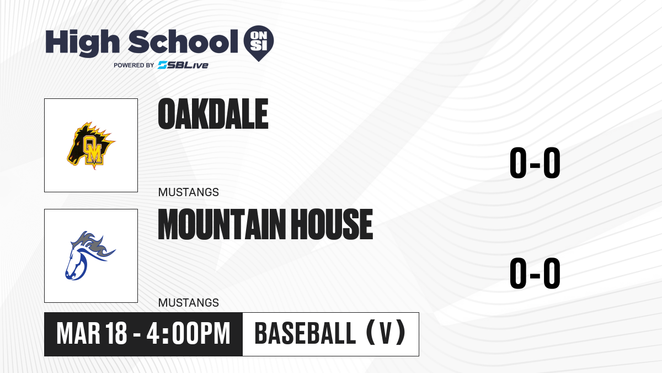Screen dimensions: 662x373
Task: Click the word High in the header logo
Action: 82,43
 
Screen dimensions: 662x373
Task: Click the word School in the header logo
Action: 183,41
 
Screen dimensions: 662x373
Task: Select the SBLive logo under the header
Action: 183,65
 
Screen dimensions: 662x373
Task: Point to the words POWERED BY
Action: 134,65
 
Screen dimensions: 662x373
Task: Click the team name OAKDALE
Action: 213,114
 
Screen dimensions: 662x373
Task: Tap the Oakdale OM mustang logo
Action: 91,145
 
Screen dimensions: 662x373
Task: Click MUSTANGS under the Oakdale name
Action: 189,192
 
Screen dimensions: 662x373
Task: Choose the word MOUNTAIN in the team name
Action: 222,224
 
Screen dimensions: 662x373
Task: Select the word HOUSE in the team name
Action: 332,224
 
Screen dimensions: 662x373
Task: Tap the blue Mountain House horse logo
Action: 90,255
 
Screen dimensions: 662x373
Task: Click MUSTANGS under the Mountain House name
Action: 189,303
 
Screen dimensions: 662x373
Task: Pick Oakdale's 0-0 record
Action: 535,162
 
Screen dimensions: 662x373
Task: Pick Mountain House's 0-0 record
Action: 535,273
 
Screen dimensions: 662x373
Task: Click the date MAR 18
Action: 92,334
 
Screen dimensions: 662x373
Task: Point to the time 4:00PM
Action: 188,334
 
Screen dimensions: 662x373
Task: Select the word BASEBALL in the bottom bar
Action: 305,334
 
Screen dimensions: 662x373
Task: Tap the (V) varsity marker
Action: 386,333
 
